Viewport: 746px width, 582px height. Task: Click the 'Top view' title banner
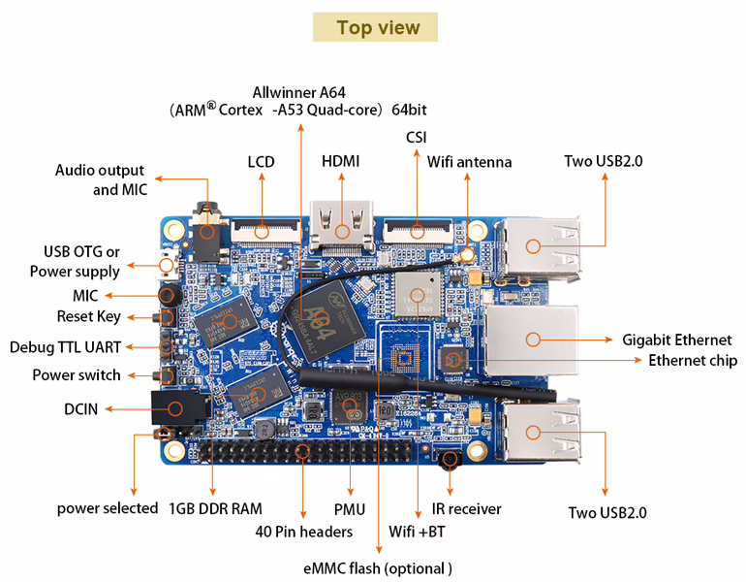375,27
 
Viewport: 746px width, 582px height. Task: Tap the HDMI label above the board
340,161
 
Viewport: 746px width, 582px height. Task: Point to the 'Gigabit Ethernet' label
676,339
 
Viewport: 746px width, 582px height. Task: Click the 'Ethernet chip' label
693,360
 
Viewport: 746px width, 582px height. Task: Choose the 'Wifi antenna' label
470,162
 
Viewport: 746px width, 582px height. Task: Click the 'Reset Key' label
88,316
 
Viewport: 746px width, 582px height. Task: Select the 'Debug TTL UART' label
66,346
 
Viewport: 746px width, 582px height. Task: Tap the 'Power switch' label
77,374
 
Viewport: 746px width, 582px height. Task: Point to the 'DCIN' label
81,408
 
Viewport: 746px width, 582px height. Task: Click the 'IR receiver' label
467,508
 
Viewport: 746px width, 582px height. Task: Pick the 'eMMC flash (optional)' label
378,567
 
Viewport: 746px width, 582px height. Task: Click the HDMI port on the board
341,225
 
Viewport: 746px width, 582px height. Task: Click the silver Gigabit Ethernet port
531,339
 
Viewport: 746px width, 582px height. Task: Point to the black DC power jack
175,408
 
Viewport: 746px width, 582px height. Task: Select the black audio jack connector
206,229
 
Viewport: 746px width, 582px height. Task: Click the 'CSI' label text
417,138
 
